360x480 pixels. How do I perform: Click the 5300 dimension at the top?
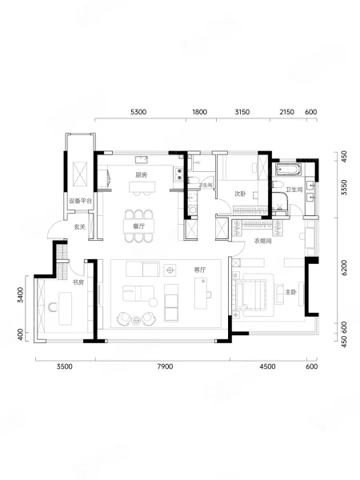138,112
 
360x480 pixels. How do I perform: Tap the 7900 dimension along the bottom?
165,366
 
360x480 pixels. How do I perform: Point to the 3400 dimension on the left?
20,294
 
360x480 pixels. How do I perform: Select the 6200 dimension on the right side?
344,267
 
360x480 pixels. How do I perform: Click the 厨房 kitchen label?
141,174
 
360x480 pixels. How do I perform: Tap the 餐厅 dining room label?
138,226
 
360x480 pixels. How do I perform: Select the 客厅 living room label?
199,270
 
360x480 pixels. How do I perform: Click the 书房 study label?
78,282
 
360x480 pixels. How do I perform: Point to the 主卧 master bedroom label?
290,292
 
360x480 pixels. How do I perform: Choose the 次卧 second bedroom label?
240,194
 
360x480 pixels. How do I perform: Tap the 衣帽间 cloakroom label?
263,241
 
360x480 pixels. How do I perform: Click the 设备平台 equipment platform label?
80,201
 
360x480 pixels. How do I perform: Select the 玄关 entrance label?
79,227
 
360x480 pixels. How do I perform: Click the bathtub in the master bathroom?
288,170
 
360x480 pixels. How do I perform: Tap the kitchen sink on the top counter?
142,160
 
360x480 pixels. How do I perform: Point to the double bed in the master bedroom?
254,294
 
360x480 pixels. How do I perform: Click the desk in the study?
66,308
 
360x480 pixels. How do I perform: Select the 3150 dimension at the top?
242,112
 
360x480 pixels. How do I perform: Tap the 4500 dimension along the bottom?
267,366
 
